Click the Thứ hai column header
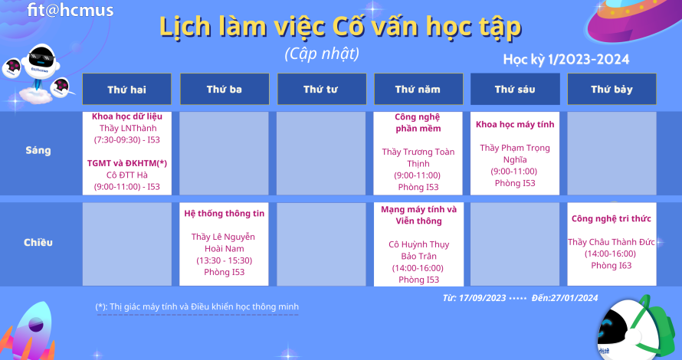126,89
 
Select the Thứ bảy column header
612,89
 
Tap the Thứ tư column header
320,89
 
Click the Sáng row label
38,150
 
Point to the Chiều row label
38,242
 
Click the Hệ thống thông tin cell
224,244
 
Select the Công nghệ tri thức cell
612,244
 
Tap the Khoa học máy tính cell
515,153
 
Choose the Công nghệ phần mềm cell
418,153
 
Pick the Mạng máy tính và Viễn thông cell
418,244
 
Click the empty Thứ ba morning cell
224,153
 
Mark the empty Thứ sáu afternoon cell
515,244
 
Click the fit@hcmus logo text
70,9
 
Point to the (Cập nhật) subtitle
323,54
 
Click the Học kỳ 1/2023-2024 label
566,59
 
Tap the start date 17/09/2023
482,298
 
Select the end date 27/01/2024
574,298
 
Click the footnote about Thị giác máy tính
197,306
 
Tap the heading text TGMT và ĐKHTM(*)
127,163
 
